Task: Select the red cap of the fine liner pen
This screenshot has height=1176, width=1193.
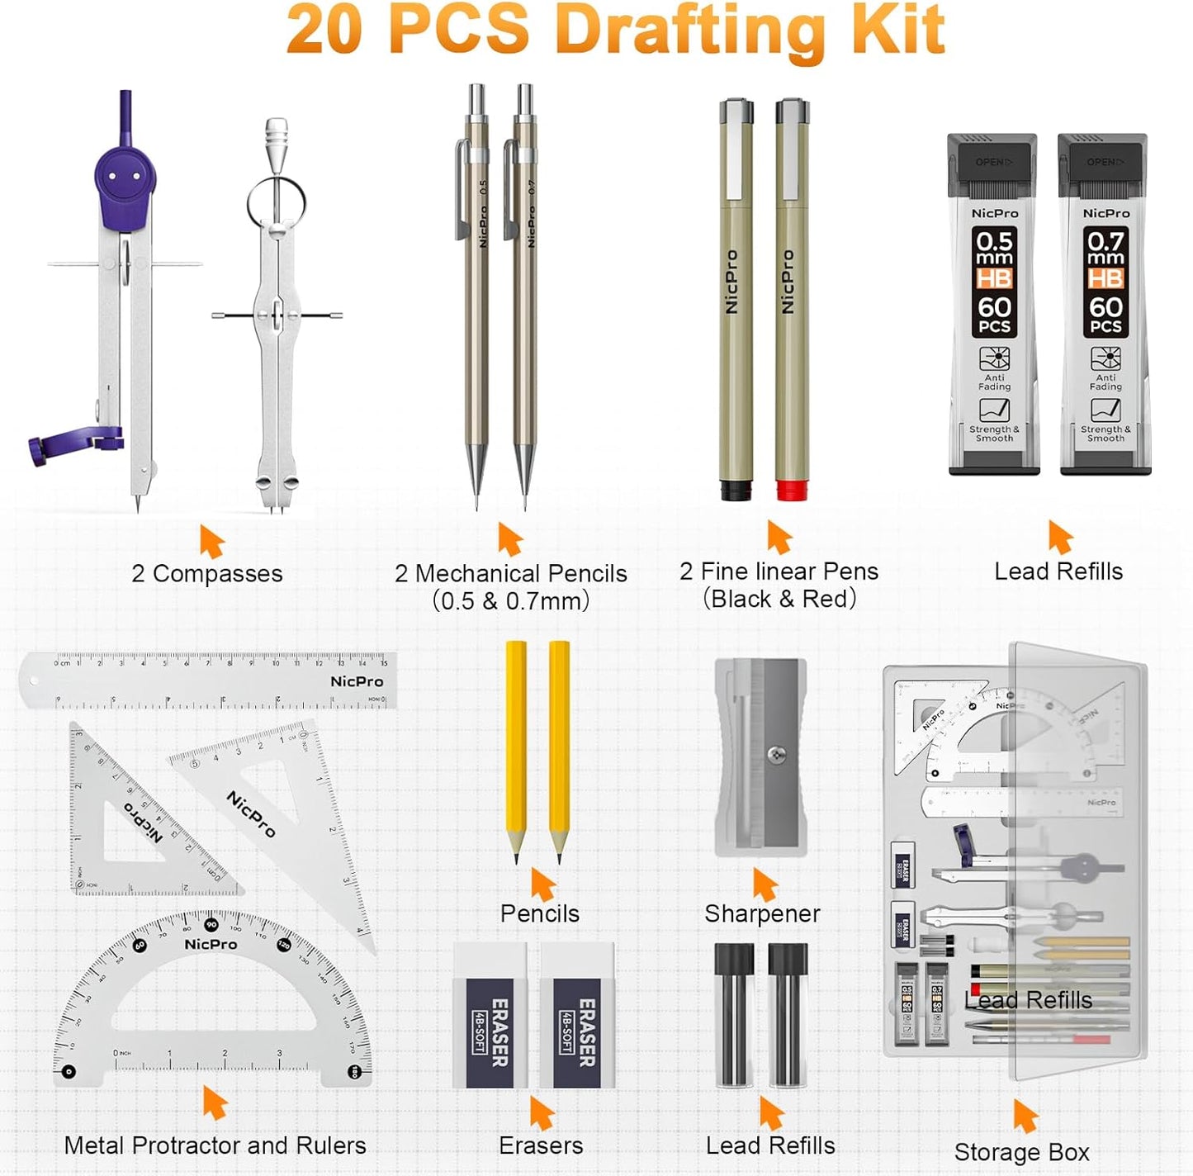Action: coord(791,491)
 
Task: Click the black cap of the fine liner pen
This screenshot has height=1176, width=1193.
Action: coord(735,491)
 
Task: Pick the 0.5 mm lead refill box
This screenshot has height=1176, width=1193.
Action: coord(994,304)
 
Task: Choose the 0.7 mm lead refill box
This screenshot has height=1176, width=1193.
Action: coord(1105,304)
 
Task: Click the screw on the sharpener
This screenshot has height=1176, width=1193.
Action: coord(775,753)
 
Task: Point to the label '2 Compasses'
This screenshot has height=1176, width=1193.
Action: coord(206,573)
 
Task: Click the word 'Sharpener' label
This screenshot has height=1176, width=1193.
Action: coord(761,913)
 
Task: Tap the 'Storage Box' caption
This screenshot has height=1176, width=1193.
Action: coord(1021,1151)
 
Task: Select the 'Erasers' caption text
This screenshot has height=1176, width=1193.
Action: coord(541,1145)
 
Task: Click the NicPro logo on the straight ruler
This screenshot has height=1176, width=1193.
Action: coord(357,681)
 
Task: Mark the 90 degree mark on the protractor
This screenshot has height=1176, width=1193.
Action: coord(211,924)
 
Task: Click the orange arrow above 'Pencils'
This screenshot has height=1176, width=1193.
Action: coord(542,884)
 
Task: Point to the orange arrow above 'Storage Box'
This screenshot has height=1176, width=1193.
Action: coord(1025,1116)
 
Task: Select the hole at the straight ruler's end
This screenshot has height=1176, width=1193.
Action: coord(34,681)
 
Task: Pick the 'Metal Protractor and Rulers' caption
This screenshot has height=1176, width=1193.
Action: coord(215,1145)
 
